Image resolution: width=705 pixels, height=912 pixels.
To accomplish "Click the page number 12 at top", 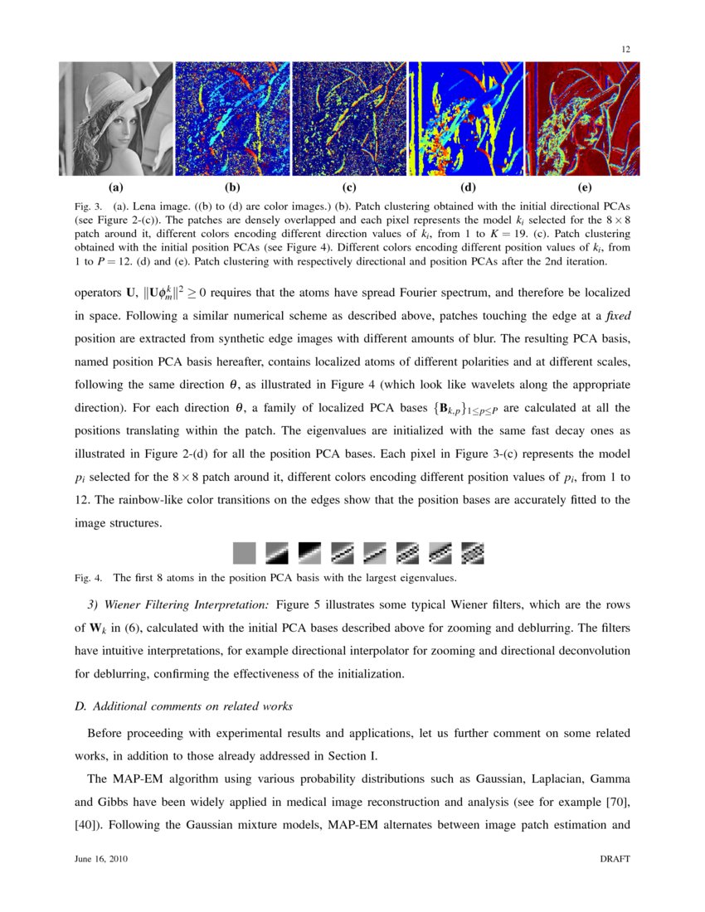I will pyautogui.click(x=626, y=50).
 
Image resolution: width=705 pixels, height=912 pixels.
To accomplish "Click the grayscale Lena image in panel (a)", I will pyautogui.click(x=116, y=119).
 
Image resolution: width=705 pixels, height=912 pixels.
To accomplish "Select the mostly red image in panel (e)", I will pyautogui.click(x=583, y=119).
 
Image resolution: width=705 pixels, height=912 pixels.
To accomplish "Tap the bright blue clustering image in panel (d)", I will pyautogui.click(x=466, y=119).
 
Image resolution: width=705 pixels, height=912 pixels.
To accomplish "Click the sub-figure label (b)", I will pyautogui.click(x=232, y=188).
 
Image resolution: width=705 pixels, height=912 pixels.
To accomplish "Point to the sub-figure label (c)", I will pyautogui.click(x=349, y=188).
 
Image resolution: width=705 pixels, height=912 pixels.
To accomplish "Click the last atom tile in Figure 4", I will pyautogui.click(x=472, y=553).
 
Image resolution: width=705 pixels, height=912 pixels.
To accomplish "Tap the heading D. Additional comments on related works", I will pyautogui.click(x=183, y=706).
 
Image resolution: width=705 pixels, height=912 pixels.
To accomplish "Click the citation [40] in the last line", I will pyautogui.click(x=88, y=826).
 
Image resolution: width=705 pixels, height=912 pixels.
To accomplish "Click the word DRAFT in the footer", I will pyautogui.click(x=615, y=860).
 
